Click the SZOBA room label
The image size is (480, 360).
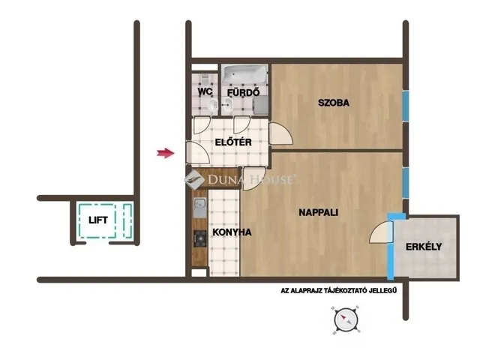(x=334, y=103)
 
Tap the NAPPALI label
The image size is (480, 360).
(x=316, y=212)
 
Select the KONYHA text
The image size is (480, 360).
(x=232, y=232)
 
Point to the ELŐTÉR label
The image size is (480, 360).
(x=232, y=142)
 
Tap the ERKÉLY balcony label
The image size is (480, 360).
(x=424, y=247)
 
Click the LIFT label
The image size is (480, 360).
(x=98, y=220)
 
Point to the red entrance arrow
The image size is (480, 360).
(x=165, y=154)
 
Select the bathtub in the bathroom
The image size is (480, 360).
(x=244, y=74)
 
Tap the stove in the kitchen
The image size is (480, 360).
(x=200, y=239)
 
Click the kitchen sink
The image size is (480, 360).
(x=199, y=209)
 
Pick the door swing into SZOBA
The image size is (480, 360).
(x=280, y=134)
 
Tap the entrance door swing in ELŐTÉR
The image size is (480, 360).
(x=196, y=153)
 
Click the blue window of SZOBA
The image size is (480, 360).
(x=405, y=107)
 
